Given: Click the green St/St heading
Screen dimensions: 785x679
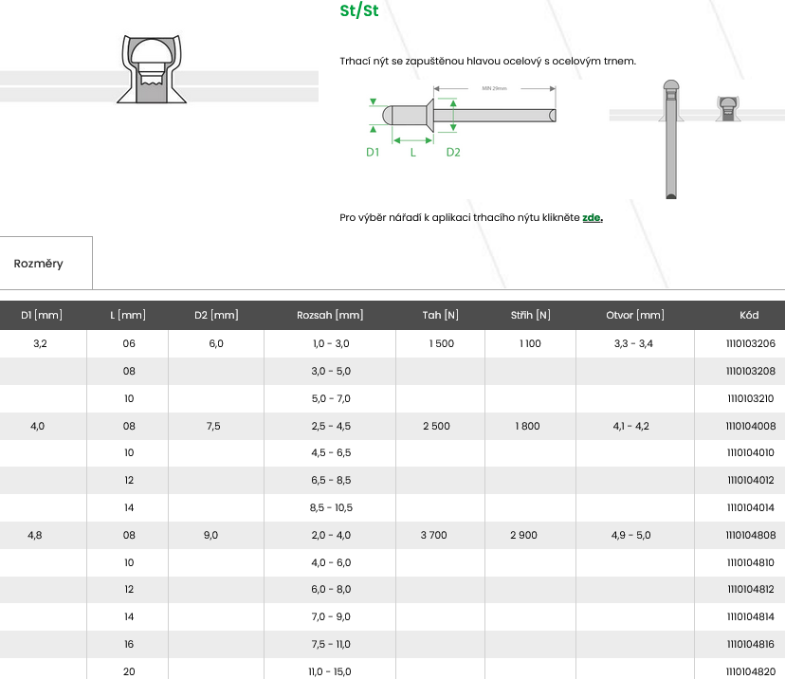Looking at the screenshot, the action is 359,11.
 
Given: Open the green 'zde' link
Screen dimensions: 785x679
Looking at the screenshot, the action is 593,217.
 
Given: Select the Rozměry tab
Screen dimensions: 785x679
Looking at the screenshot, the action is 39,264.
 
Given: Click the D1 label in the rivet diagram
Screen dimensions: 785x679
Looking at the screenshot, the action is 373,153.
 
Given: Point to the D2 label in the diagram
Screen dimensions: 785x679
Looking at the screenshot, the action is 453,153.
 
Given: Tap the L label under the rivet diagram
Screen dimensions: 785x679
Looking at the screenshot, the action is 413,153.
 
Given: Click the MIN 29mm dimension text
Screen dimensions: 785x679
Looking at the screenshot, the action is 494,88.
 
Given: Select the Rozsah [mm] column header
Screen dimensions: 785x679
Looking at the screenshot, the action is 330,315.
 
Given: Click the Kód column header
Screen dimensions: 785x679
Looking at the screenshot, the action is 749,315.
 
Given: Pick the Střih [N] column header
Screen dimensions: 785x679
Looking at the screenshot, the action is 530,315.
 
